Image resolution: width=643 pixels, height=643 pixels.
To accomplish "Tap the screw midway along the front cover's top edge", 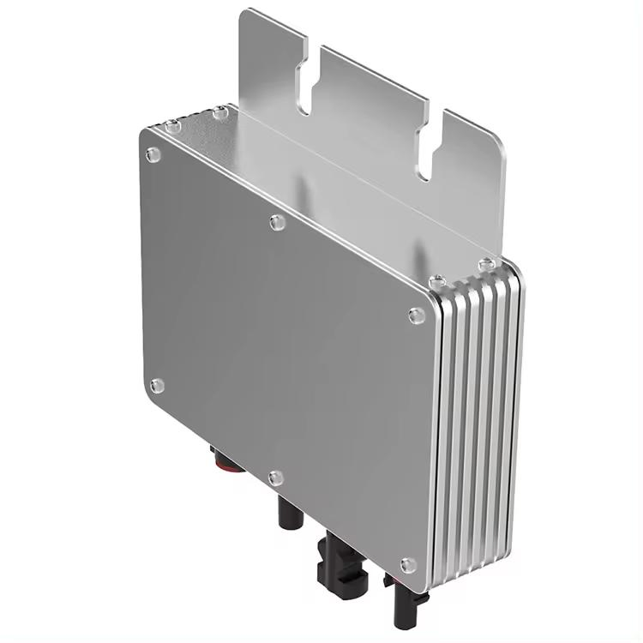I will [276, 223].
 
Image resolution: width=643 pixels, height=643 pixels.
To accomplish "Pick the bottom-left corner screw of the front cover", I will [156, 386].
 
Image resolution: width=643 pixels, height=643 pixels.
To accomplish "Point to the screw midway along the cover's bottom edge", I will [274, 477].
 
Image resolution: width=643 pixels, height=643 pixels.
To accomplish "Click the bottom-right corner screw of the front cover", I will [409, 564].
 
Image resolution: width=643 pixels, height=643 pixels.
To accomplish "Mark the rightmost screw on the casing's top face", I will [488, 261].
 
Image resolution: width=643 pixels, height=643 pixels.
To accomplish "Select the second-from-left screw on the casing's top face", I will [220, 111].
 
